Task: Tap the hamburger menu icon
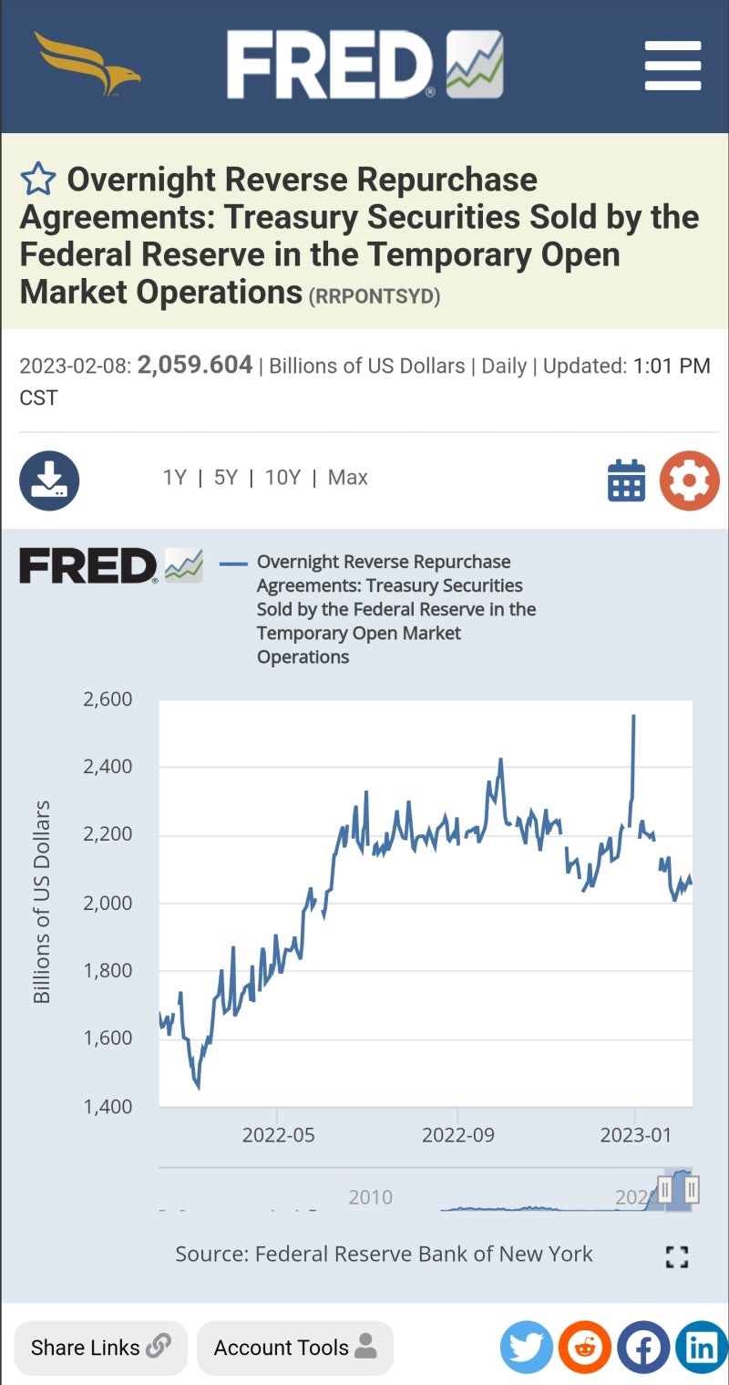click(673, 65)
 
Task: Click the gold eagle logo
click(87, 63)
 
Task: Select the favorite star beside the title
click(38, 180)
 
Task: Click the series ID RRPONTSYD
click(375, 296)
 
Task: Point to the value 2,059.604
click(195, 366)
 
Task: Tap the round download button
click(49, 481)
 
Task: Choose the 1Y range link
click(174, 478)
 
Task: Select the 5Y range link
click(225, 478)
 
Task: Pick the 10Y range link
click(282, 478)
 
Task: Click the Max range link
click(348, 478)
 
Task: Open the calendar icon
click(626, 481)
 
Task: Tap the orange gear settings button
click(689, 481)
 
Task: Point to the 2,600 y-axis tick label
click(108, 699)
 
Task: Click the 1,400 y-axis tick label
click(108, 1106)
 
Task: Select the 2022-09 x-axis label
click(457, 1135)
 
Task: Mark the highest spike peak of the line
click(633, 717)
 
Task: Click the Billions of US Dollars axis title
click(42, 902)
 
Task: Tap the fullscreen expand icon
click(676, 1256)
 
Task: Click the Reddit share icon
click(584, 1347)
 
